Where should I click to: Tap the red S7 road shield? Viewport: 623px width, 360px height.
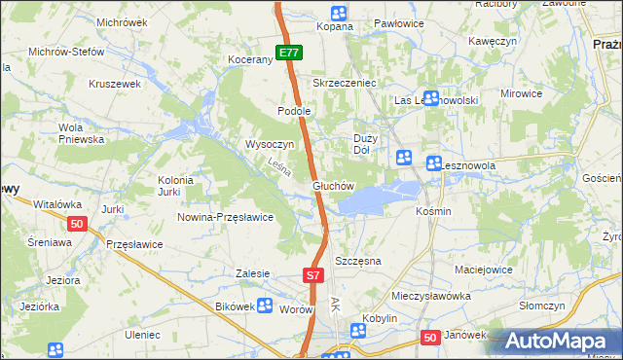312,276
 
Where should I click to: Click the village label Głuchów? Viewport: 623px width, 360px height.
332,185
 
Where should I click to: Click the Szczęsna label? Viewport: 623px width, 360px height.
357,262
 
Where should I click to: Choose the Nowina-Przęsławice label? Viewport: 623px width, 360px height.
224,217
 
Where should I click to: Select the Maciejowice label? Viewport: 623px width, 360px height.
484,269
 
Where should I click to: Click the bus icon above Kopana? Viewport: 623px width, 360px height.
338,14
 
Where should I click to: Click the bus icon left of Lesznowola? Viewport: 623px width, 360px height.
433,165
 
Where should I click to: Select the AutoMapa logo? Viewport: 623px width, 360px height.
563,342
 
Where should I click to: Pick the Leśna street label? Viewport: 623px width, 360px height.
279,167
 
